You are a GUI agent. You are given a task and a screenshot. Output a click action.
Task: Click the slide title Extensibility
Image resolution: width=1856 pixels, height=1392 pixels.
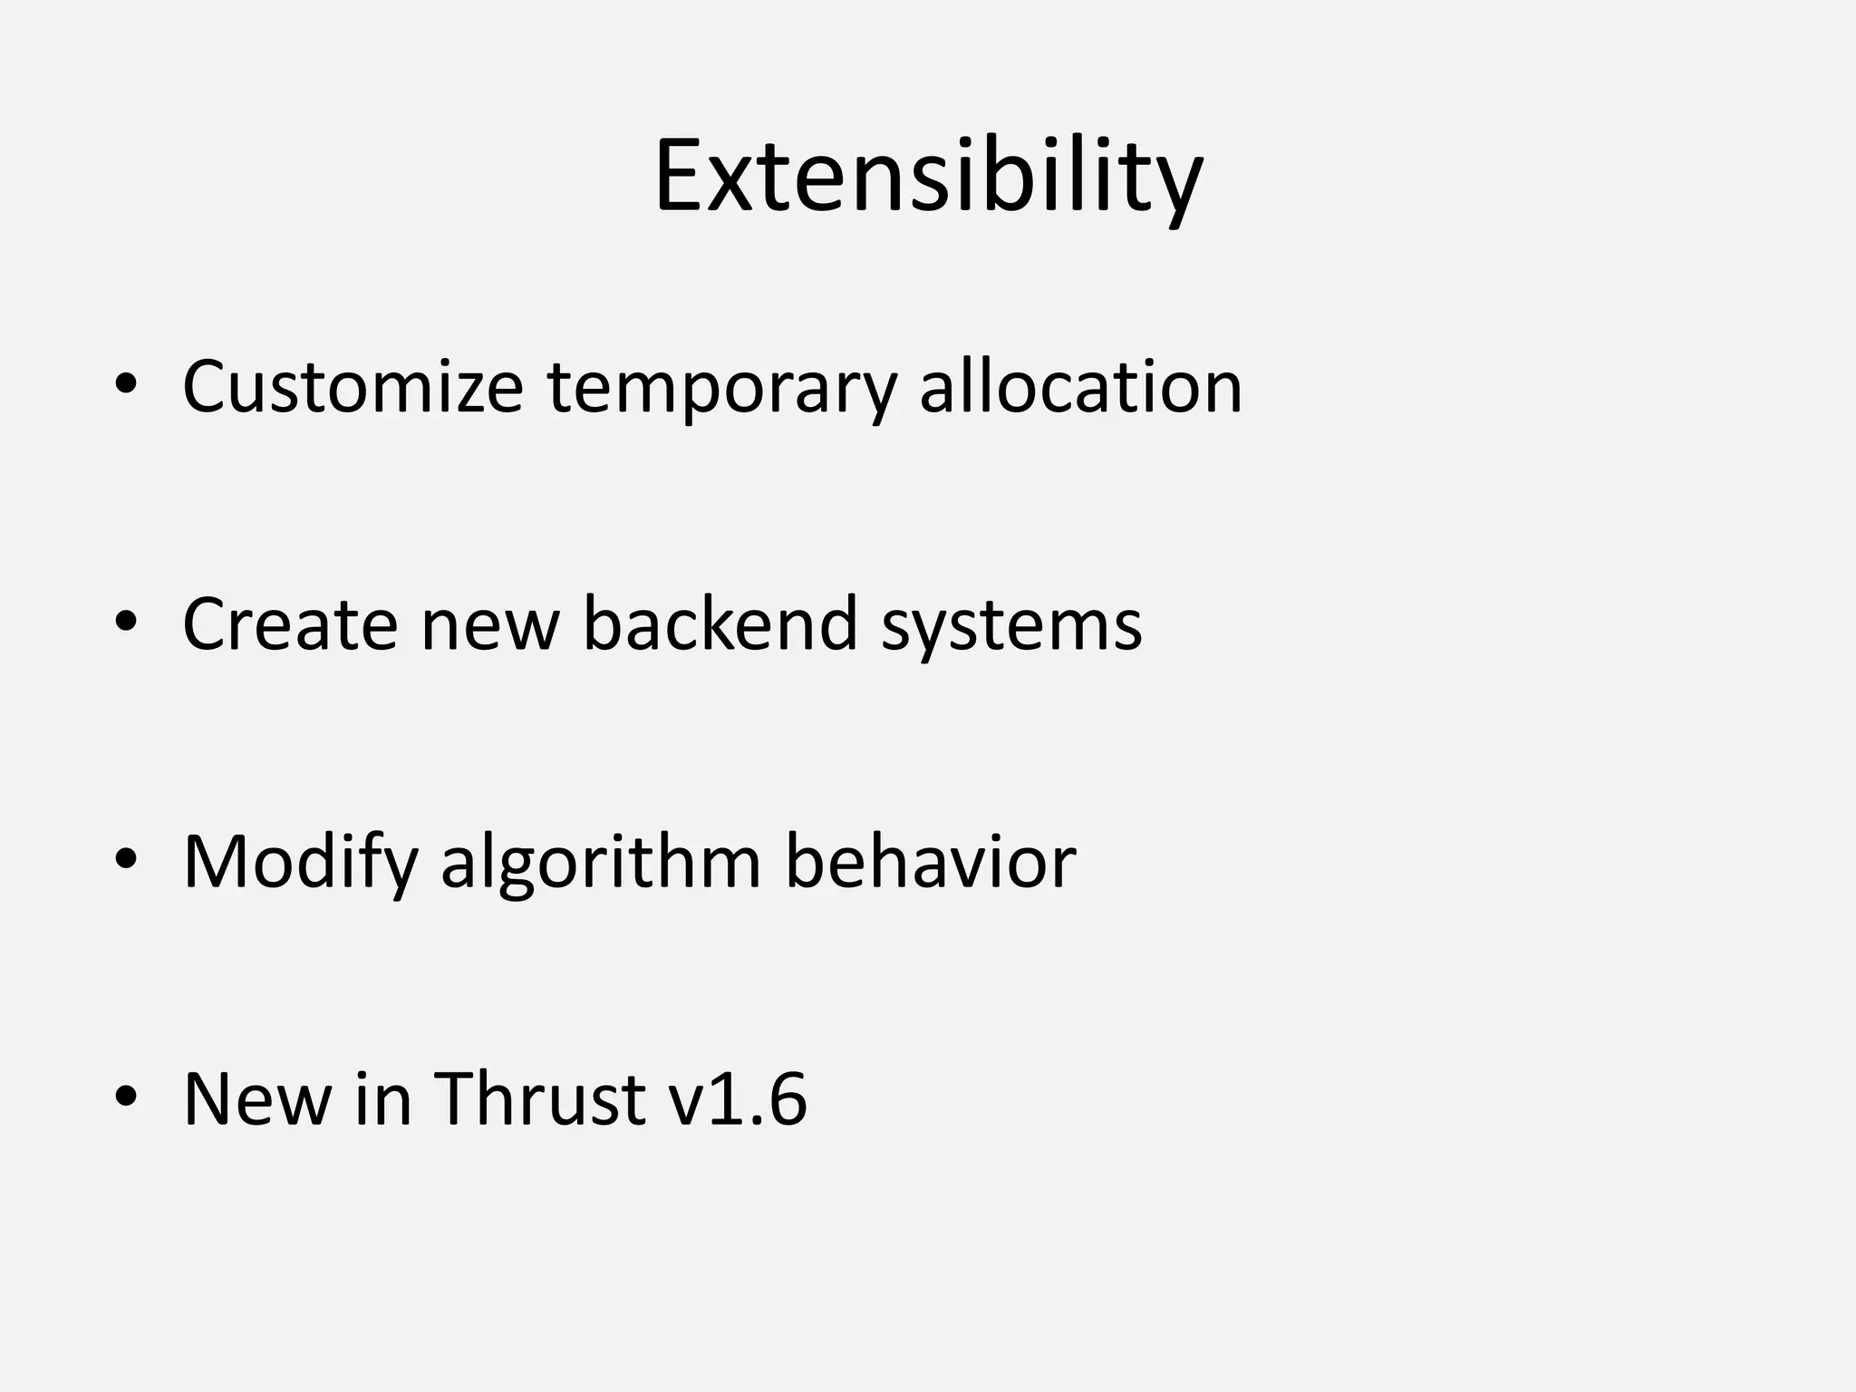pyautogui.click(x=928, y=177)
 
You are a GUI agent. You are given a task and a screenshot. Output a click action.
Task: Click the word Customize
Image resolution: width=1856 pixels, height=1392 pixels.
pyautogui.click(x=353, y=388)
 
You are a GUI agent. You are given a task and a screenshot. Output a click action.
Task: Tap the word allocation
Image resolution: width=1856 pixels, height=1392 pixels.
pyautogui.click(x=1080, y=387)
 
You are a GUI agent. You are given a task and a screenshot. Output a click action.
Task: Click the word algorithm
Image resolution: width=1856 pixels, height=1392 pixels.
pyautogui.click(x=601, y=863)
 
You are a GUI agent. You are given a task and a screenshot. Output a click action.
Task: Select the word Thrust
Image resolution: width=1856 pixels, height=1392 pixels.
pyautogui.click(x=540, y=1099)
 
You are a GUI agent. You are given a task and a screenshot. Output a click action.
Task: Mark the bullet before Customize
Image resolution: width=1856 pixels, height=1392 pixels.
pyautogui.click(x=126, y=386)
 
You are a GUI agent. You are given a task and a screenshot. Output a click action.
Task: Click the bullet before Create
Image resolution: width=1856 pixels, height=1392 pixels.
pyautogui.click(x=126, y=623)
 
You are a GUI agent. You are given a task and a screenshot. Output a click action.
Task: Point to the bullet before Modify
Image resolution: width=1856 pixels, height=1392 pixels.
pyautogui.click(x=126, y=860)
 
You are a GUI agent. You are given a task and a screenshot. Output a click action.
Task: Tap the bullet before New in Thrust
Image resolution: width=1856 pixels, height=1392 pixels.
pyautogui.click(x=126, y=1097)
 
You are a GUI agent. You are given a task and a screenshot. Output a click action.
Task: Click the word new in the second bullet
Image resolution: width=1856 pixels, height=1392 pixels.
pyautogui.click(x=489, y=625)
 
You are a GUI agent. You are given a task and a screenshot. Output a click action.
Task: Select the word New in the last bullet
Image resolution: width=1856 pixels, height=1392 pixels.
pyautogui.click(x=257, y=1099)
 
